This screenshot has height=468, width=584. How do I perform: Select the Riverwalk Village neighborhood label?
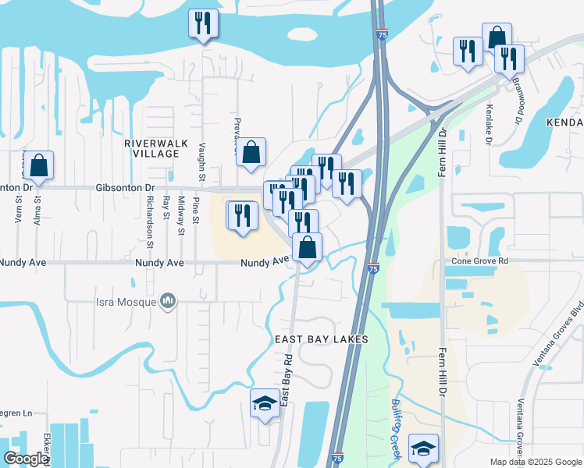[x=151, y=148]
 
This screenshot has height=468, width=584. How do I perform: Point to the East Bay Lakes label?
[x=321, y=339]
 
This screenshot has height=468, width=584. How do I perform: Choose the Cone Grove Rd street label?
[x=477, y=261]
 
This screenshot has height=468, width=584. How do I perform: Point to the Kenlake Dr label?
[x=490, y=119]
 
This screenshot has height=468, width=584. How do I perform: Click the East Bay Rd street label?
[x=287, y=380]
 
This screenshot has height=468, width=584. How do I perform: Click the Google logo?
[x=25, y=459]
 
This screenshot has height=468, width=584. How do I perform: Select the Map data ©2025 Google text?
[x=536, y=462]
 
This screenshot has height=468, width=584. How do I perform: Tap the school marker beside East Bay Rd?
[x=265, y=403]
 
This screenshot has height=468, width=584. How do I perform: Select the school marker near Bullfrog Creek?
[x=423, y=448]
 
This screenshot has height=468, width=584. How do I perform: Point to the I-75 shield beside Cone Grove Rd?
[x=373, y=268]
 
